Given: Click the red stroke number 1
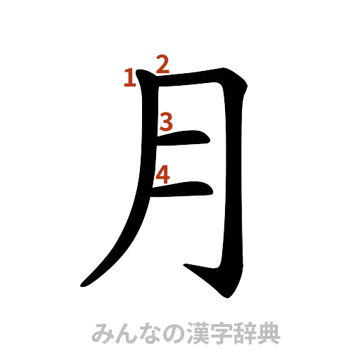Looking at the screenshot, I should click(x=129, y=79).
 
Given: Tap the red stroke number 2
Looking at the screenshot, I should click(x=162, y=65).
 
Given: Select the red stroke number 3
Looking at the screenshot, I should click(x=165, y=122).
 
